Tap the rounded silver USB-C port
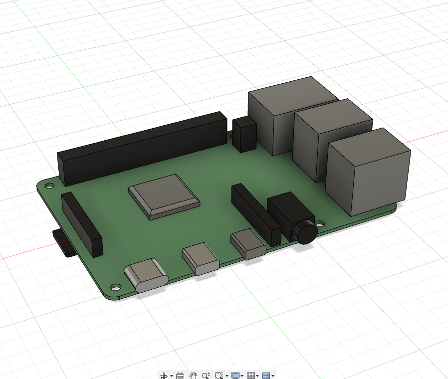click(x=146, y=276)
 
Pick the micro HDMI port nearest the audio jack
click(x=248, y=244)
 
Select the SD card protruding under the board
click(x=62, y=243)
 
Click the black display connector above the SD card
click(x=82, y=224)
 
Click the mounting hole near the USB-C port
click(x=116, y=288)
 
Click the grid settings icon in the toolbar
click(x=251, y=375)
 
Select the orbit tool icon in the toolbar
click(x=163, y=375)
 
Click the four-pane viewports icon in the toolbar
click(x=266, y=375)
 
